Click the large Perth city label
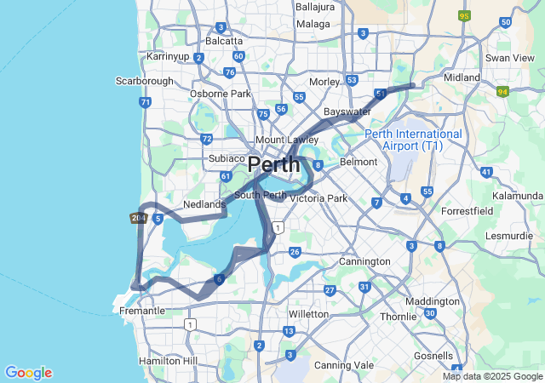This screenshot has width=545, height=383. (273, 164)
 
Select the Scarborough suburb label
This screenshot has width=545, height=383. (144, 81)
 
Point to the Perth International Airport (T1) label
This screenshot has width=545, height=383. (414, 140)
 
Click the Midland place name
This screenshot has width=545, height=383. (462, 77)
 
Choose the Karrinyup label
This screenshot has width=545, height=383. (168, 56)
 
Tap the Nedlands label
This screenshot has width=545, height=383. (204, 204)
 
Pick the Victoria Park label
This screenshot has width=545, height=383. (318, 198)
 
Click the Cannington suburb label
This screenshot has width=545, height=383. (364, 261)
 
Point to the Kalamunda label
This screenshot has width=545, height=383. (517, 196)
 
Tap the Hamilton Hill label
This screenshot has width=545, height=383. (167, 361)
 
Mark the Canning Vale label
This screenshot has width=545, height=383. (344, 365)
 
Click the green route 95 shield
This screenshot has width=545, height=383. (464, 16)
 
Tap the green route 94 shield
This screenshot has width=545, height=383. (503, 91)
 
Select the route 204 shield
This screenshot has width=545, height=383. (137, 219)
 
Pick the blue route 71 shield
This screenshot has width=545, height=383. (146, 102)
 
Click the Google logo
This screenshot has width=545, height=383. (28, 373)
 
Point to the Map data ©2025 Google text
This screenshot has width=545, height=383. (492, 376)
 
